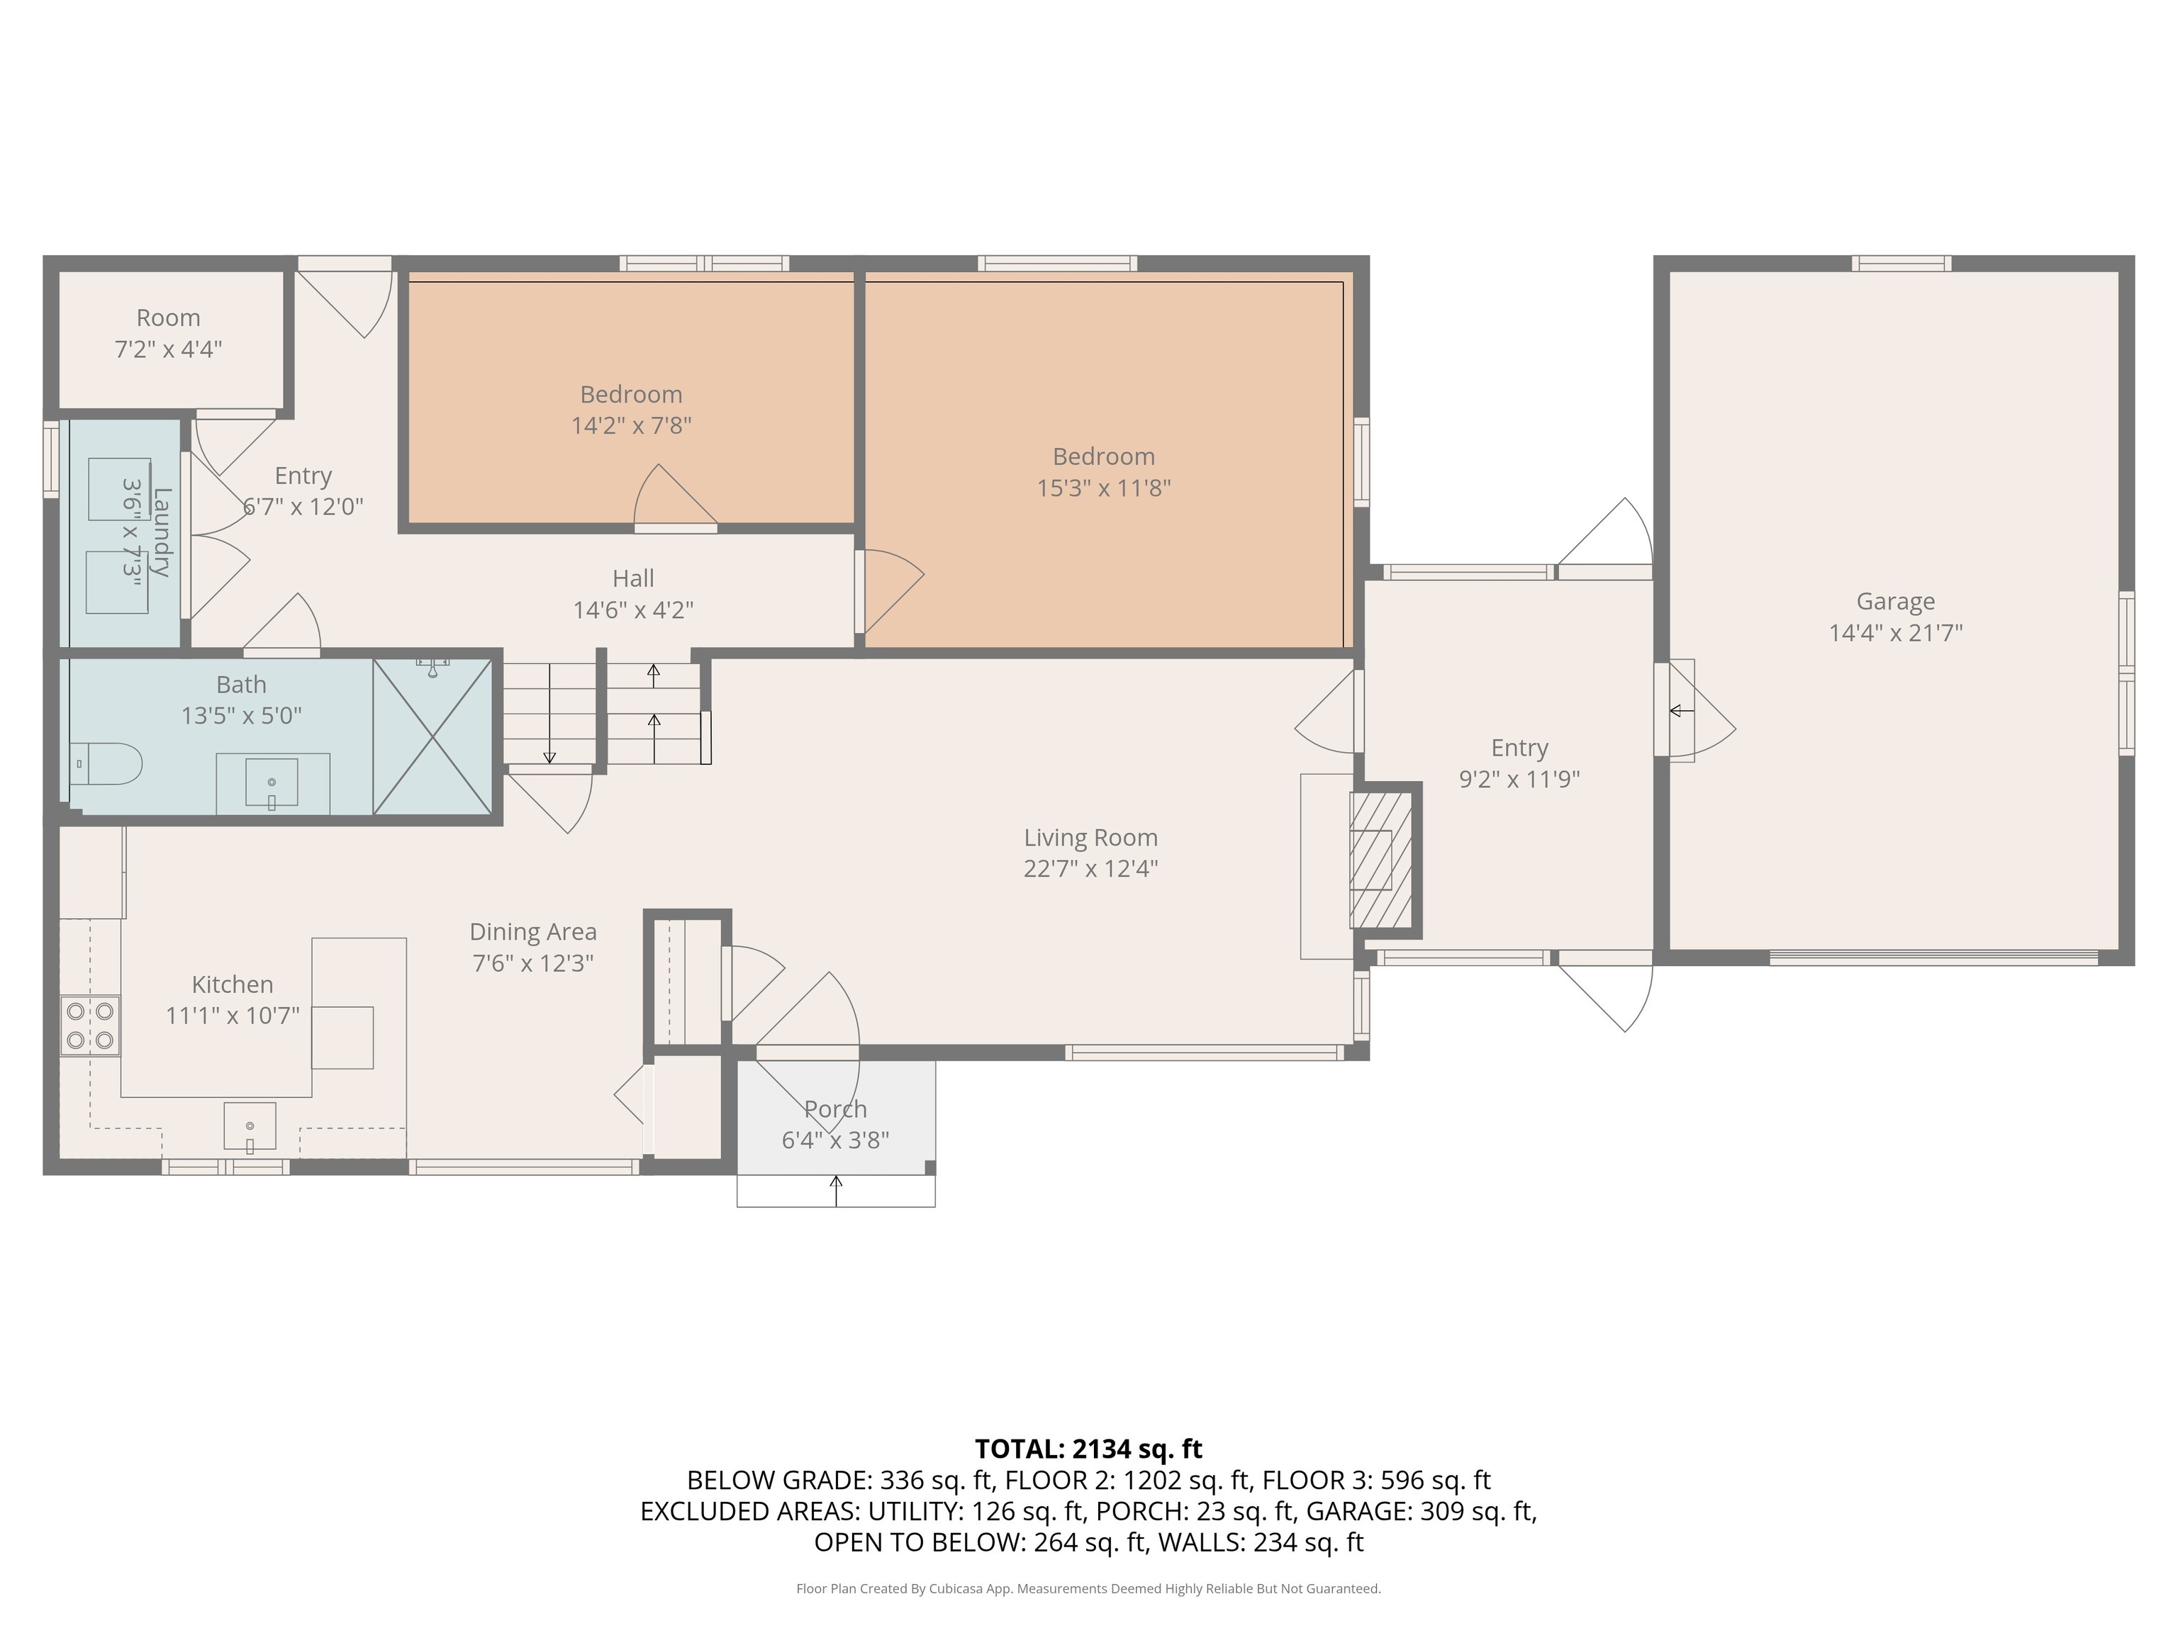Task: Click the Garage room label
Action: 1894,602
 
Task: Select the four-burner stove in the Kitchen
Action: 89,1026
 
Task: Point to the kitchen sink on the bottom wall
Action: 250,1127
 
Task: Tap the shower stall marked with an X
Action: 433,737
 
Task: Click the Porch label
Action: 835,1109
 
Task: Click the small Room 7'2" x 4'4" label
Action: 168,332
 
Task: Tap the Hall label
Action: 633,579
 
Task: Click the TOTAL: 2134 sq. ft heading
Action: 1088,1448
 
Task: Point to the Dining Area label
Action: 532,932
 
